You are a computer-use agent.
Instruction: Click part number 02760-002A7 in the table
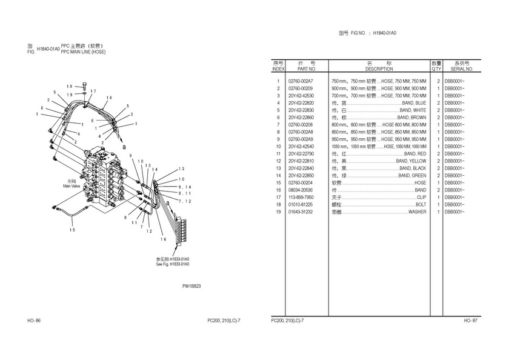[x=301, y=81]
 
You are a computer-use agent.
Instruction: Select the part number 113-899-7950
[x=301, y=198]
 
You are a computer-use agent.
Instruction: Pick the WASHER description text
[x=417, y=212]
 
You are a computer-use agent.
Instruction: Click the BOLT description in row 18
[x=421, y=205]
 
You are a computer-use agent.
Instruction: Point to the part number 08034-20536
[x=301, y=190]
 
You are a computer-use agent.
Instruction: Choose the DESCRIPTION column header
[x=379, y=69]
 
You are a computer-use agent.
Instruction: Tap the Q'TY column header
[x=436, y=69]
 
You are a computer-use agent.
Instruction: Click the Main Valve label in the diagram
[x=72, y=186]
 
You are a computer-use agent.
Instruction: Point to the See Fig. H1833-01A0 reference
[x=173, y=264]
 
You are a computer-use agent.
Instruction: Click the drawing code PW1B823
[x=191, y=286]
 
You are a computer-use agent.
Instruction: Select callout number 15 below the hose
[x=72, y=229]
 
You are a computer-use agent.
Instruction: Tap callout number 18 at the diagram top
[x=69, y=86]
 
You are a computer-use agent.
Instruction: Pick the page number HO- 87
[x=471, y=320]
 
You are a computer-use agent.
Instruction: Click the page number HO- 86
[x=34, y=320]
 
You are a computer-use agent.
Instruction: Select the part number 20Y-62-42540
[x=302, y=147]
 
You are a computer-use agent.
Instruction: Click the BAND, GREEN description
[x=412, y=176]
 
